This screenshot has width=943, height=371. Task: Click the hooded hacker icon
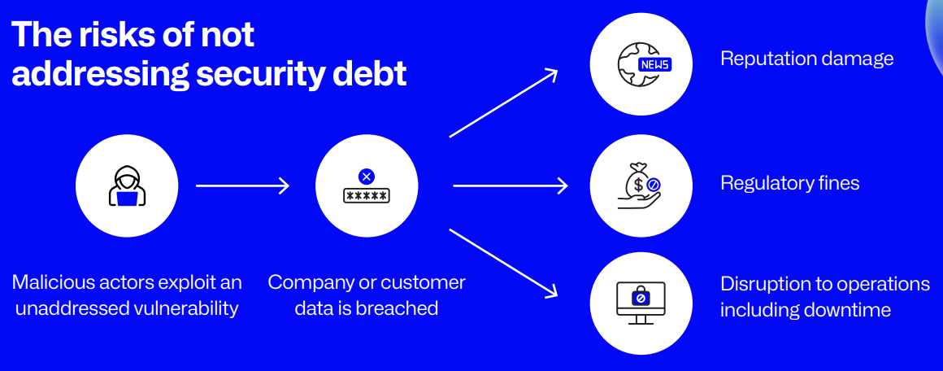tap(125, 186)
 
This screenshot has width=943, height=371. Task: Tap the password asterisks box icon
tap(366, 196)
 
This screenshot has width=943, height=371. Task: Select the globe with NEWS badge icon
tap(641, 63)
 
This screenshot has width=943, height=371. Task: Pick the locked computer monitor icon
tap(640, 302)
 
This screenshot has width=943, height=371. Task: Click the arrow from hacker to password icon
tap(242, 186)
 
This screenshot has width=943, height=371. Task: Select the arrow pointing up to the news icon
tap(503, 103)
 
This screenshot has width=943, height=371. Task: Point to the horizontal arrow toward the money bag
tap(510, 186)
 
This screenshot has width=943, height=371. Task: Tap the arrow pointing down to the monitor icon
tap(503, 262)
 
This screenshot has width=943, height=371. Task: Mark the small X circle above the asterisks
tap(366, 176)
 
